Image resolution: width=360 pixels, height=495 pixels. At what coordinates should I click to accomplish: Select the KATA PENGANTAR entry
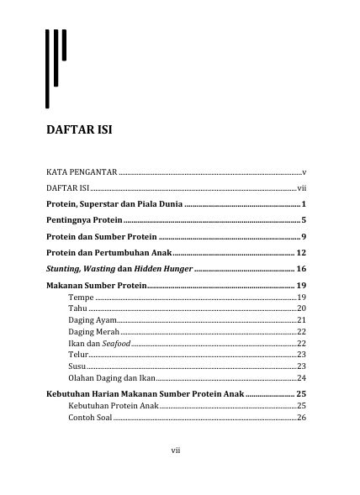click(x=82, y=171)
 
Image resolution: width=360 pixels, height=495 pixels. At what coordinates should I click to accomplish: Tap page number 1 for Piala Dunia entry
click(x=302, y=204)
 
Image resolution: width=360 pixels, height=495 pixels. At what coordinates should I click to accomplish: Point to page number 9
click(x=302, y=236)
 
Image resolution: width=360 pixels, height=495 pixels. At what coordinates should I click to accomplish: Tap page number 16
click(x=300, y=269)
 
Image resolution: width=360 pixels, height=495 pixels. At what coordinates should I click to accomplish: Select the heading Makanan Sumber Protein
click(x=96, y=287)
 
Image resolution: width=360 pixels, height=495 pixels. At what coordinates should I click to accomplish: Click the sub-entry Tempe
click(x=81, y=298)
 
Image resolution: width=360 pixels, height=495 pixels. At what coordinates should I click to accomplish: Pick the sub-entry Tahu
click(x=77, y=309)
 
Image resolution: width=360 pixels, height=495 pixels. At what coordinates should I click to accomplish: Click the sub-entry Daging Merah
click(x=93, y=332)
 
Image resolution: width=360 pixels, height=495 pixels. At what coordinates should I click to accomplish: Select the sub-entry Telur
click(x=78, y=355)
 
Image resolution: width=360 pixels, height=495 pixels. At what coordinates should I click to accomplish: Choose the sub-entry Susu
click(x=77, y=366)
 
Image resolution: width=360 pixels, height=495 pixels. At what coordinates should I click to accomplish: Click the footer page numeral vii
click(x=176, y=450)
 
